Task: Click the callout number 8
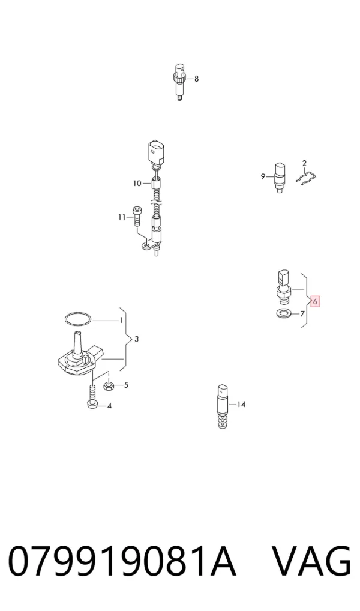tap(196, 79)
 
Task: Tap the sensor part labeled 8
tap(179, 82)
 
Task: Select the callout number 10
tap(137, 183)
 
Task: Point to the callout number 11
tap(122, 217)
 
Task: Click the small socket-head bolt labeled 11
tap(137, 217)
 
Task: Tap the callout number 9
tap(263, 176)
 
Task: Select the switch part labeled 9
tap(280, 178)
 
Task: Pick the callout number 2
tap(305, 163)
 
